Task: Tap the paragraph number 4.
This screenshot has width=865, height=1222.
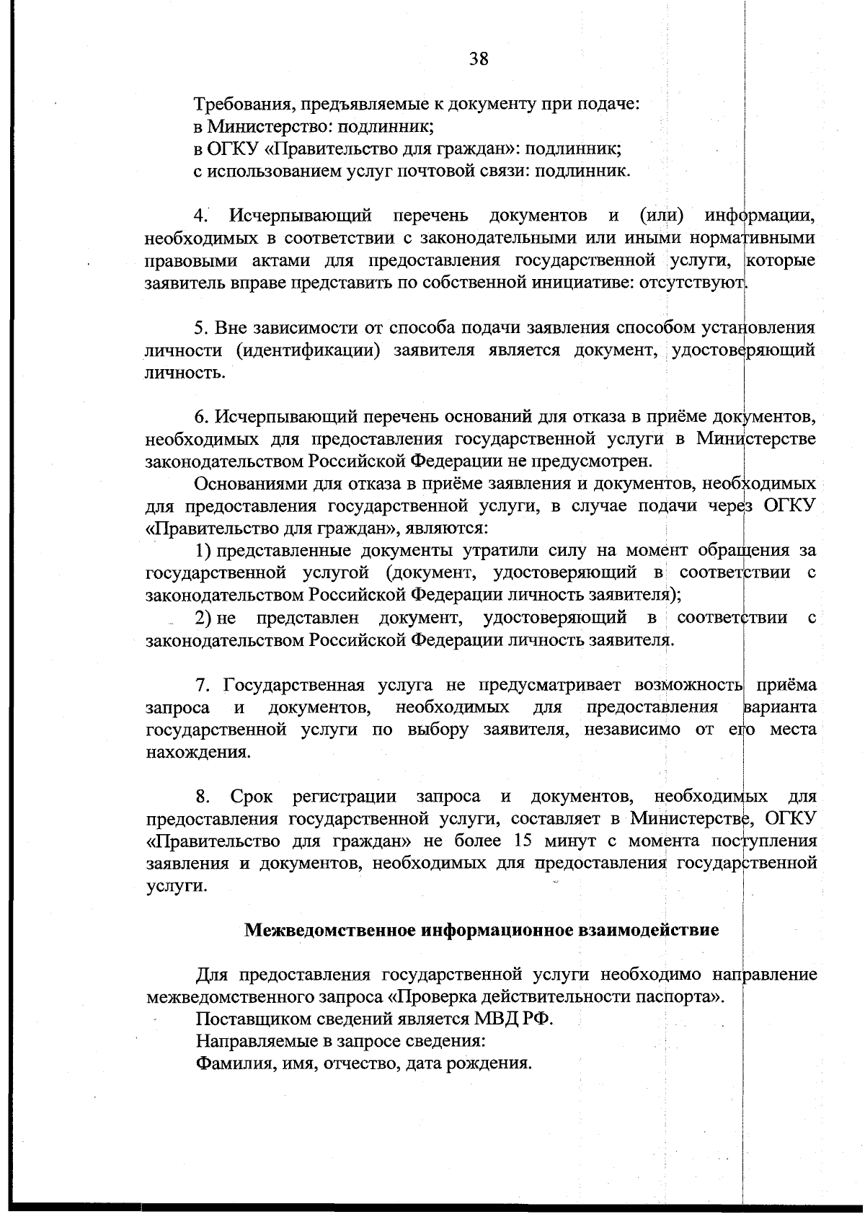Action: [202, 216]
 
